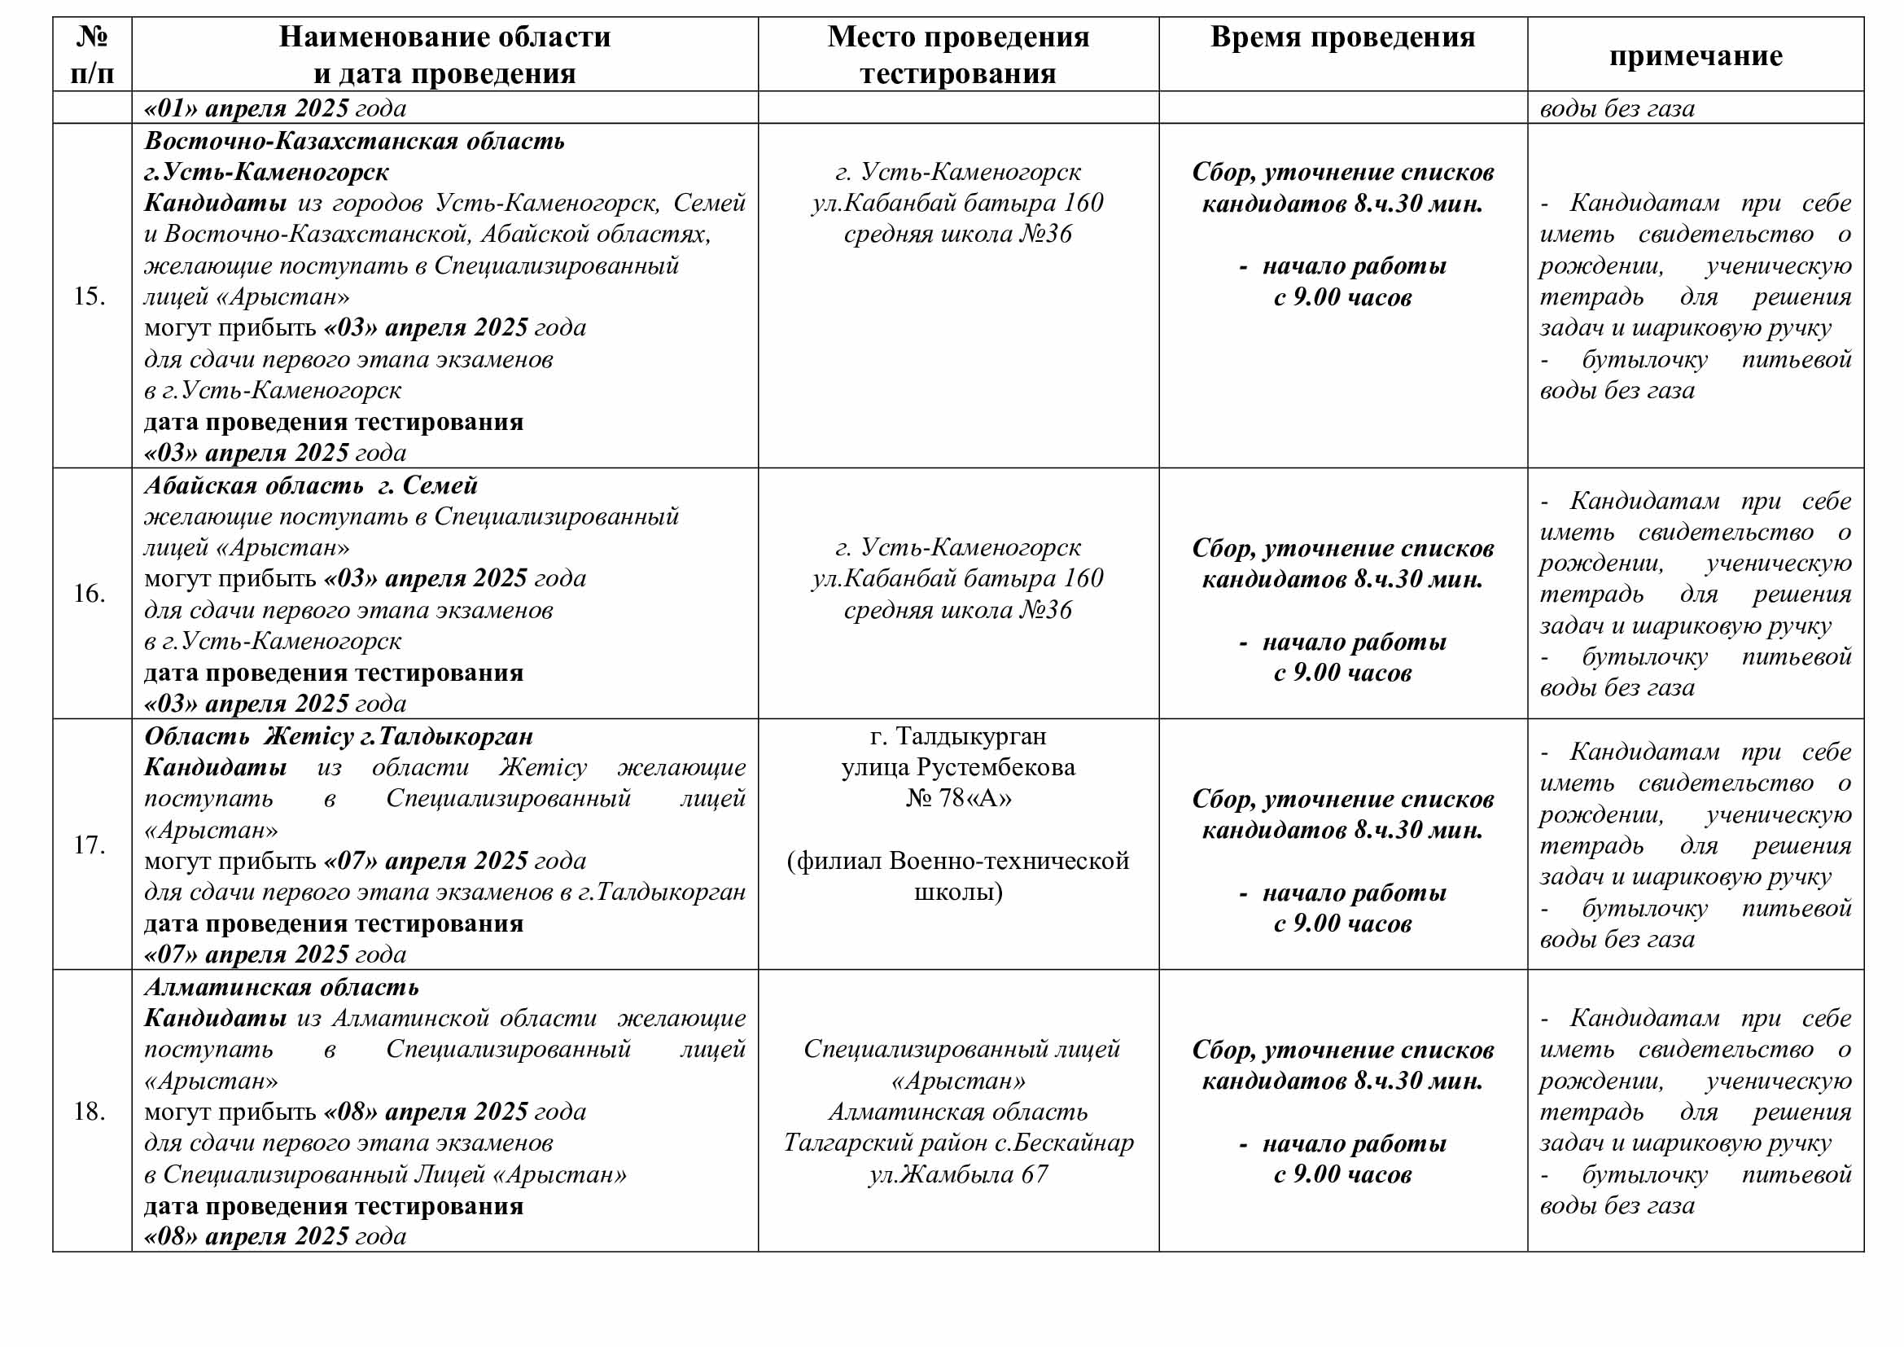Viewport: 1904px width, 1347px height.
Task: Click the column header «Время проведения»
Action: coord(1342,37)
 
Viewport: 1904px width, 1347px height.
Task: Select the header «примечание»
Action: coord(1695,55)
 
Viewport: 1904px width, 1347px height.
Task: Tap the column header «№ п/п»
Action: coord(91,55)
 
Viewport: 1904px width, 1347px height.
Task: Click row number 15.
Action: coord(90,296)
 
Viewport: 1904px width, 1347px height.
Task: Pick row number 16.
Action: coord(90,593)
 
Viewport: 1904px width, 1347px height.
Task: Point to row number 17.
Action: coord(90,845)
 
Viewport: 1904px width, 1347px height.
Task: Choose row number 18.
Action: coord(90,1111)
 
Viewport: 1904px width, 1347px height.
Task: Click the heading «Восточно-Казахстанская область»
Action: coord(354,140)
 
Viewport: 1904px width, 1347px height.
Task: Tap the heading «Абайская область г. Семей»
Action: coord(311,485)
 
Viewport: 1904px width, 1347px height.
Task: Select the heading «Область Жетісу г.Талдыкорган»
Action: coord(339,736)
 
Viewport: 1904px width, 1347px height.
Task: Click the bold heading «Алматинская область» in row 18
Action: coord(281,987)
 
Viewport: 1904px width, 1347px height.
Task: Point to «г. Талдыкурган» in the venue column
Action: coord(958,736)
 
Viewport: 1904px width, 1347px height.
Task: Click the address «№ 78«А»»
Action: coord(958,798)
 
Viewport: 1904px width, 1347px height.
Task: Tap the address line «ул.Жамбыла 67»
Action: coord(958,1174)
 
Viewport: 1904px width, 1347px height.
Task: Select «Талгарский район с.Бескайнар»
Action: coord(958,1143)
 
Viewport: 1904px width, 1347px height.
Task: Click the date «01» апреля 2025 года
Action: coord(275,108)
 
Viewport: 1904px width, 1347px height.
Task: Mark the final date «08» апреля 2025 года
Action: coord(275,1237)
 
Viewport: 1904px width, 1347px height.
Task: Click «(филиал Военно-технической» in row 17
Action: coord(958,861)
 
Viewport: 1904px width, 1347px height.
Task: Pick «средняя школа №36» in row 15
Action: coord(958,234)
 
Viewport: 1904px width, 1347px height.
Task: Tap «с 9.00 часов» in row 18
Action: coord(1342,1174)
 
